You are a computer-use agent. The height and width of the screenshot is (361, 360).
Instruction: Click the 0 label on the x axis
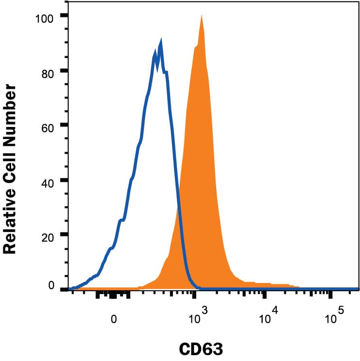113,319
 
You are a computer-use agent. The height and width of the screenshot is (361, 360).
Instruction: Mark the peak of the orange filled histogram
201,16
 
